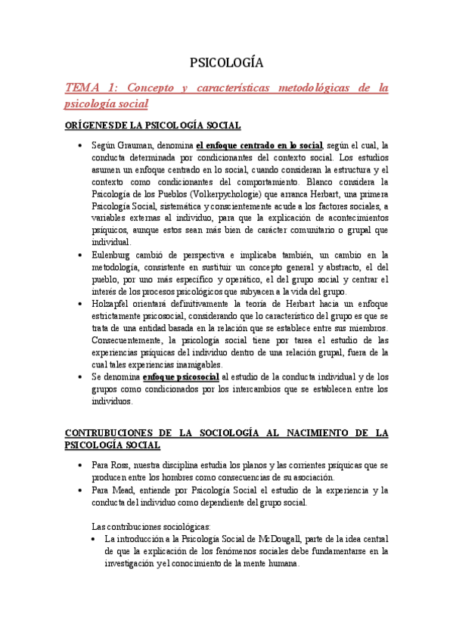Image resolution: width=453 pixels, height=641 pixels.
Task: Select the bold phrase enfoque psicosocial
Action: pos(182,376)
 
